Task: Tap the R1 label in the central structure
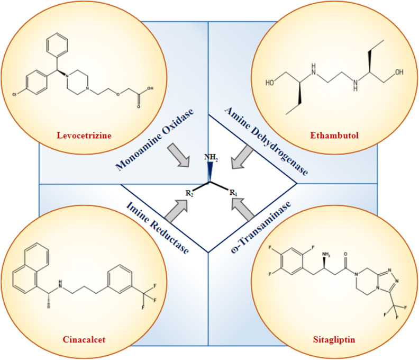(x=233, y=192)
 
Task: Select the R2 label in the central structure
(x=189, y=192)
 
